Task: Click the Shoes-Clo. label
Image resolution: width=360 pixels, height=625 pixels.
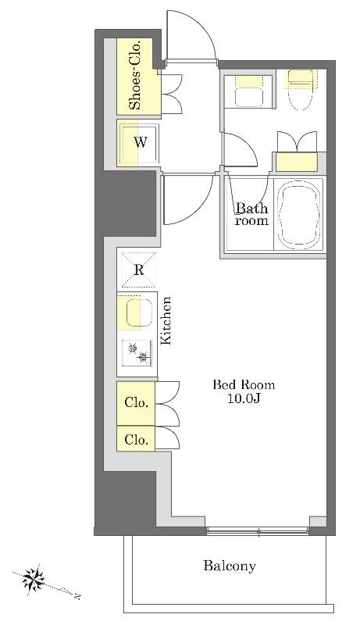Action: tap(136, 75)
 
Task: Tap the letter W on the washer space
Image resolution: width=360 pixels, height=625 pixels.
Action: tap(141, 142)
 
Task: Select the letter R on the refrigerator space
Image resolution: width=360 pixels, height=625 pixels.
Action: tap(138, 270)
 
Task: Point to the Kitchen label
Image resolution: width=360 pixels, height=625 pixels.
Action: tap(166, 320)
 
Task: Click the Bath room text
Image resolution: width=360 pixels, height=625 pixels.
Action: tap(251, 214)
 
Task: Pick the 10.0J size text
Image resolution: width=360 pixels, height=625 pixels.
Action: tap(244, 398)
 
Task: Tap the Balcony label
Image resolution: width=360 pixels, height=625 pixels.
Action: tap(230, 566)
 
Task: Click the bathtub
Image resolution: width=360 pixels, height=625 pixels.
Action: tap(299, 214)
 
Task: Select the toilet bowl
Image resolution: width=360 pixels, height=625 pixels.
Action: tap(301, 90)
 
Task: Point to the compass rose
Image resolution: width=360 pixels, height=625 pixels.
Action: tap(33, 579)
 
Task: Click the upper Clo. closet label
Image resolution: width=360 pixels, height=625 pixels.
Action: tap(136, 402)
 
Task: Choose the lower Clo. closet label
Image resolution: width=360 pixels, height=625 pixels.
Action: tap(136, 440)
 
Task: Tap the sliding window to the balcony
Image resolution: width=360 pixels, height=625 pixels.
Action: tap(258, 530)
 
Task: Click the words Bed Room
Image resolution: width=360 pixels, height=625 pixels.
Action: tap(244, 385)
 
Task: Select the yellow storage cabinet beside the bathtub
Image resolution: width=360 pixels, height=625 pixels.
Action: tap(297, 162)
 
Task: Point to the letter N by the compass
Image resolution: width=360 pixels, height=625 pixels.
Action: tap(78, 596)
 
